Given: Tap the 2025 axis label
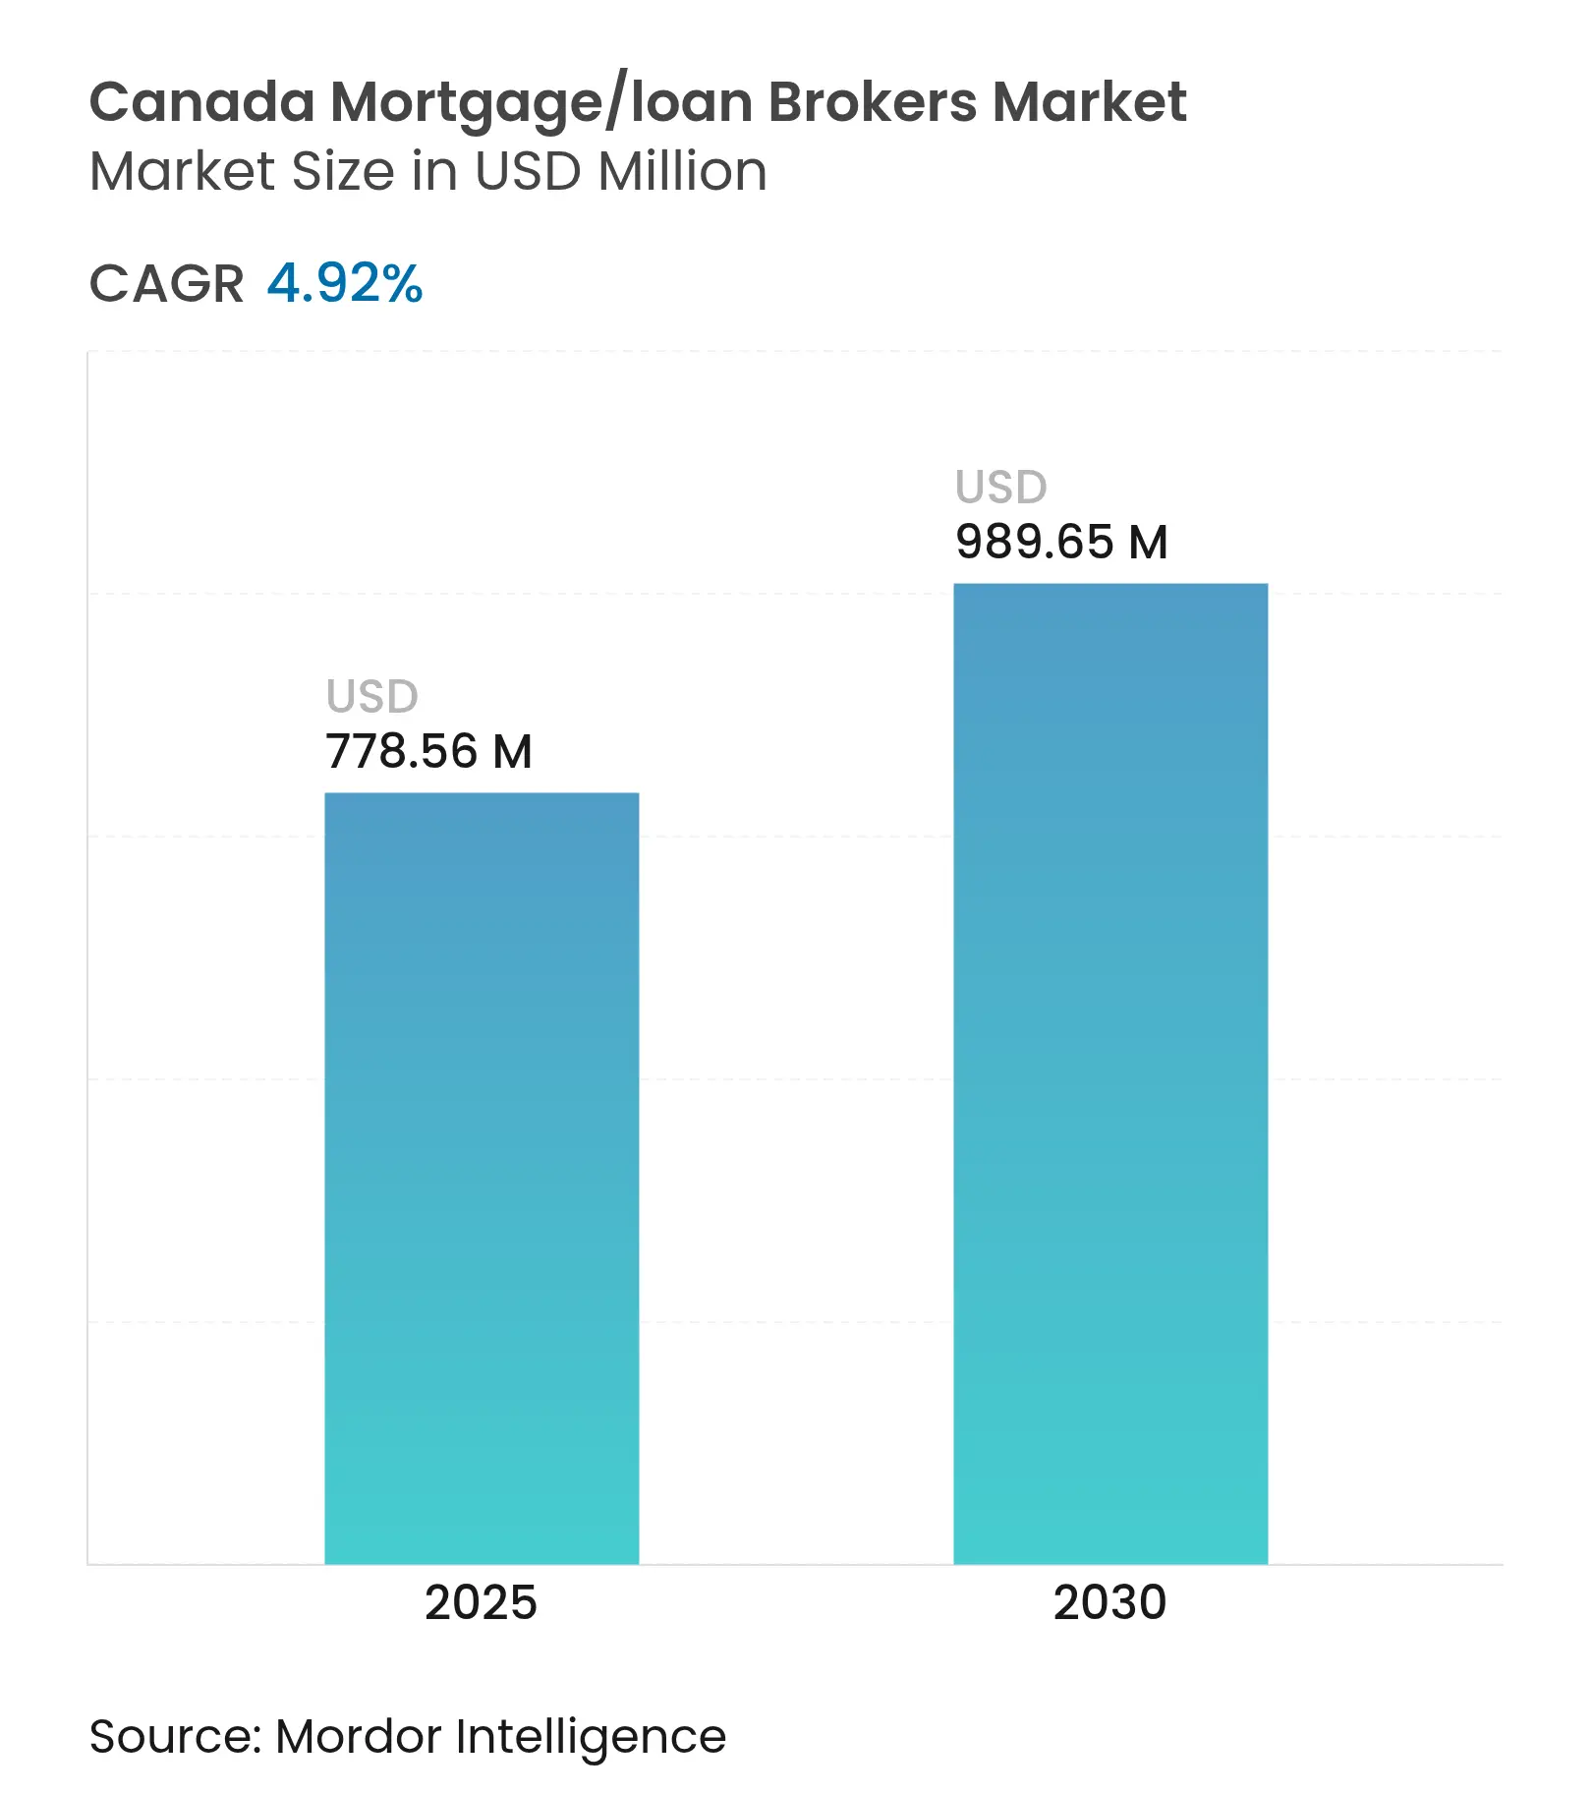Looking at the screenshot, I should pos(481,1603).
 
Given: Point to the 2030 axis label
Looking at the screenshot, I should pos(1109,1603).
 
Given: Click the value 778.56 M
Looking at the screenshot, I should pos(428,752).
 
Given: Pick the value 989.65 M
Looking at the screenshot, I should pos(1061,543).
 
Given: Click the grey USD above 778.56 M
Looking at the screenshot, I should pos(372,697).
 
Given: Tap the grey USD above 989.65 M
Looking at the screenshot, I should pos(1001,488).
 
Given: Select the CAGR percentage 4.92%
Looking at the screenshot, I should pos(345,284).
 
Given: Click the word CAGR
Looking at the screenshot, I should pos(166,284).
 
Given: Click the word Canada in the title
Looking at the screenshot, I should pos(202,102).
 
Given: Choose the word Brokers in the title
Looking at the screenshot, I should pos(873,102).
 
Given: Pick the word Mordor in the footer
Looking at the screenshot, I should pos(359,1737).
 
